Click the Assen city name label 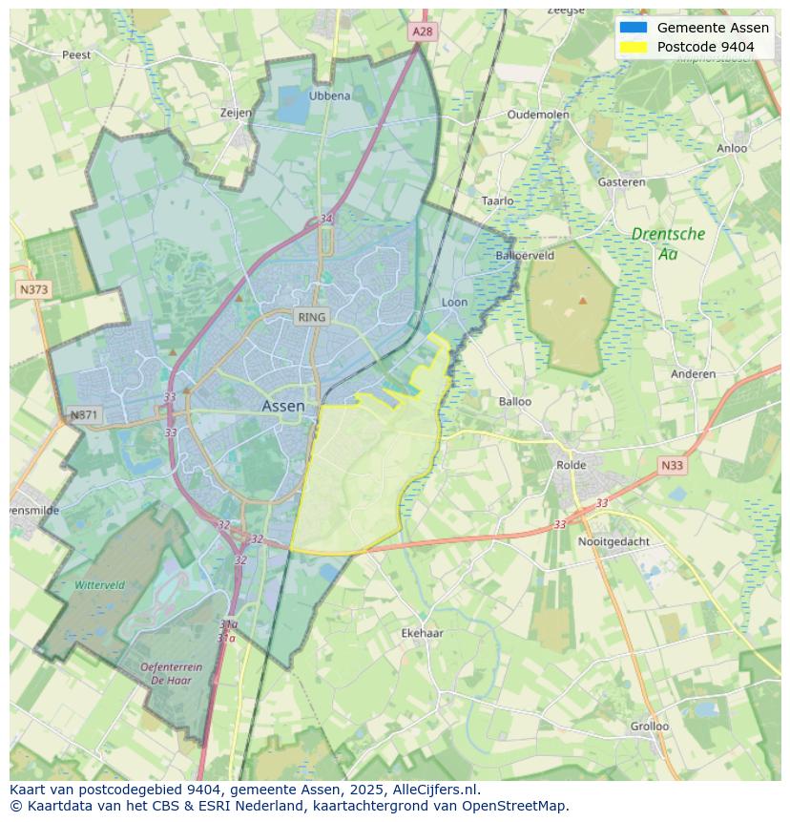coord(283,406)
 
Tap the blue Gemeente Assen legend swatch coord(633,28)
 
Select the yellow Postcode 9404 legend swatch coord(633,47)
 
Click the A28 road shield coord(422,32)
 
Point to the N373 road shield coord(33,288)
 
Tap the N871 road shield coord(84,415)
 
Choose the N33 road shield coord(672,466)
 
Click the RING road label coord(311,317)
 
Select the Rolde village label coord(572,465)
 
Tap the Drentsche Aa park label coord(668,243)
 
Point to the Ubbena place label coord(329,95)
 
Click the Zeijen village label coord(236,113)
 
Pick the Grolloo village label coord(649,726)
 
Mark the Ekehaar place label coord(422,633)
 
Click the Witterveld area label coord(99,584)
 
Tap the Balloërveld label coord(525,256)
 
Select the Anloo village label coord(732,148)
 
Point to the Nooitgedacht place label coord(613,541)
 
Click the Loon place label coord(454,303)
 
